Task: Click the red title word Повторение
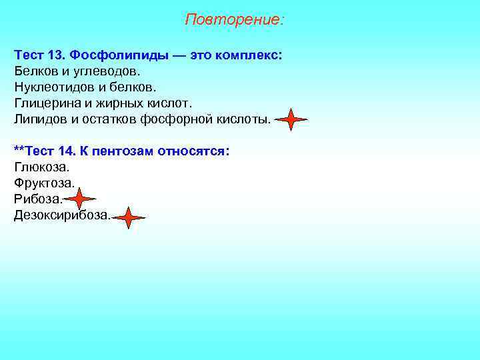233,20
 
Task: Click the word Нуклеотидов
51,87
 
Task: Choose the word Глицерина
45,103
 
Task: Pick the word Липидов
41,119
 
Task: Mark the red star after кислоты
291,120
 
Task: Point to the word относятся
194,151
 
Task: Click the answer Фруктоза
44,183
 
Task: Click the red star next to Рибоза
80,199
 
